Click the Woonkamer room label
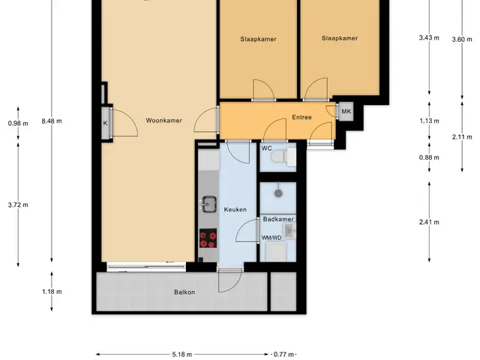point(163,120)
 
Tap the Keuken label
point(235,209)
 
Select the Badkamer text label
point(278,219)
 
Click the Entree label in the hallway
point(301,117)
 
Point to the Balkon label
point(184,292)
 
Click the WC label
point(266,148)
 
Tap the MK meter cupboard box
point(346,112)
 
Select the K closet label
point(105,123)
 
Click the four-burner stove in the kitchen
point(208,238)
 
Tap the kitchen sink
point(209,204)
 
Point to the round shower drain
point(278,193)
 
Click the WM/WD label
point(271,238)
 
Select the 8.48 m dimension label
point(52,121)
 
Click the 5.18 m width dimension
point(181,355)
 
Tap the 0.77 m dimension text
point(283,355)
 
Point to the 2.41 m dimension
point(429,222)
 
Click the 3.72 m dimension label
point(18,205)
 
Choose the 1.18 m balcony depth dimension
point(52,292)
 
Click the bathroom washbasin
point(290,231)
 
